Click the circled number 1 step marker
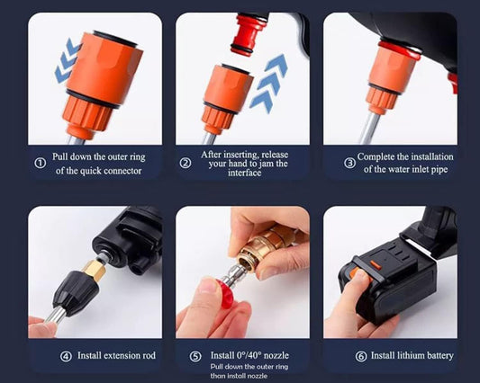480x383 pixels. tap(40, 163)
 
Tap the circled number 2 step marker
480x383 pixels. tap(186, 163)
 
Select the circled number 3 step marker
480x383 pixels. tap(349, 163)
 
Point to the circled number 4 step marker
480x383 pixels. tap(66, 356)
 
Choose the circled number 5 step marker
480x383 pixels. tap(195, 356)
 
